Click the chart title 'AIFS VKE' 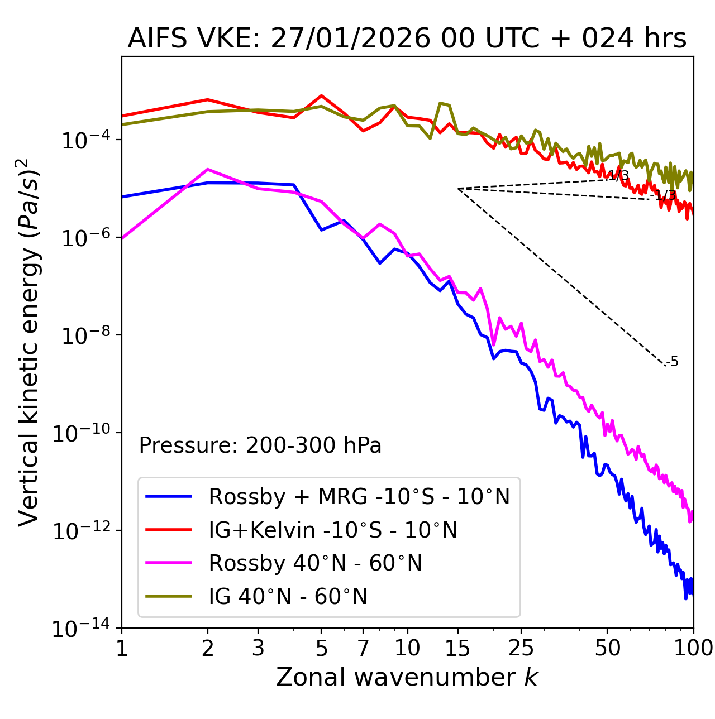(407, 39)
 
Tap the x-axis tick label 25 (521, 648)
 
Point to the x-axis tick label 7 (363, 648)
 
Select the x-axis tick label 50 (607, 648)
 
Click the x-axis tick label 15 (457, 648)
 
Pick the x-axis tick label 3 (258, 648)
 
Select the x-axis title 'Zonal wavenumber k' (407, 678)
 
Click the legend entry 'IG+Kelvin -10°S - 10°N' (333, 530)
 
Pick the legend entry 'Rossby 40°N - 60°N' (315, 563)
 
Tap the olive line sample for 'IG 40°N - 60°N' (169, 596)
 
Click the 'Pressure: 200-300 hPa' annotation (260, 445)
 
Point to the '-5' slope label (673, 362)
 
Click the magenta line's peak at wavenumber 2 (208, 169)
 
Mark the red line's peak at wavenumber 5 (321, 95)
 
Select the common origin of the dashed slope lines (458, 189)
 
